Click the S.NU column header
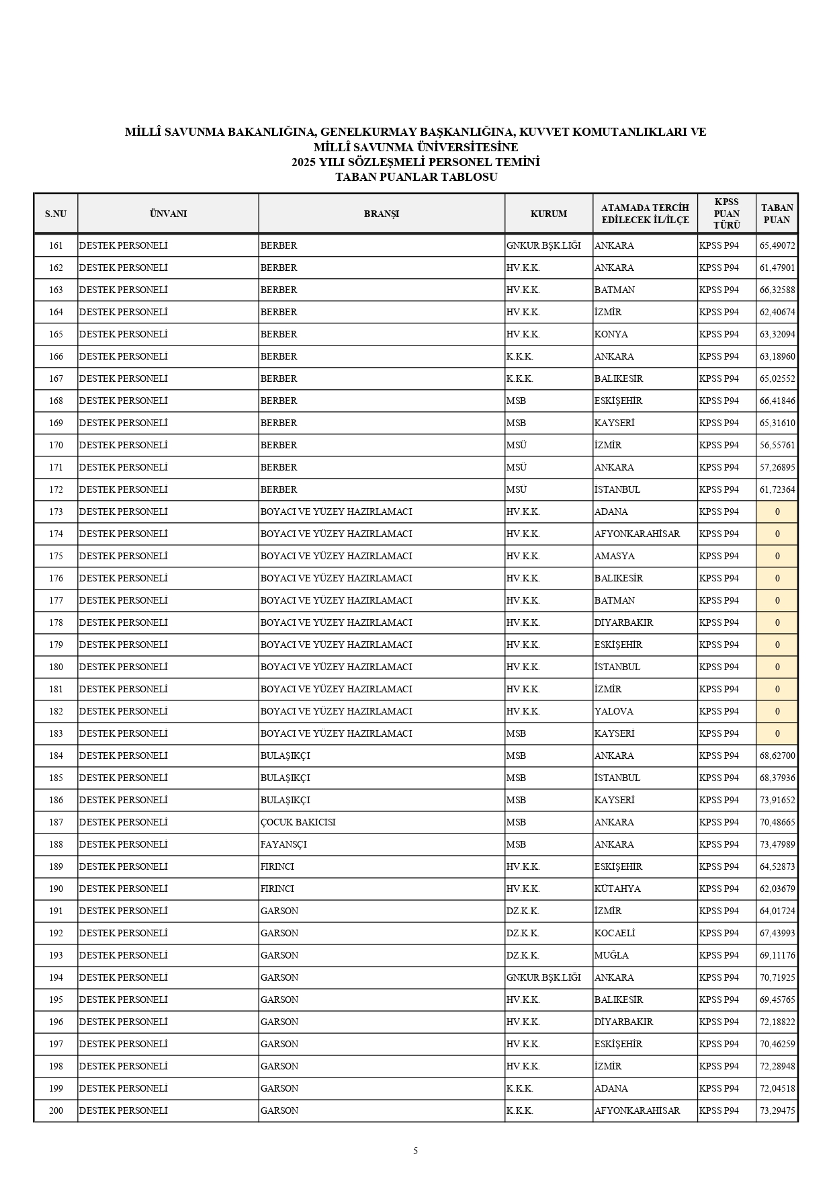[x=56, y=214]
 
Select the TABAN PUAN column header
[x=777, y=214]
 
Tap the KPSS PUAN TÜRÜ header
[x=726, y=214]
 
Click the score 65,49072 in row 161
[x=777, y=245]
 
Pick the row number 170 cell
[x=56, y=445]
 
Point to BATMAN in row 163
[x=615, y=290]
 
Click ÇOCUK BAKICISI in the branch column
[x=298, y=822]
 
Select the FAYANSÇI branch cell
[x=283, y=844]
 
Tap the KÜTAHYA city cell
[x=617, y=889]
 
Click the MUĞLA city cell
[x=611, y=955]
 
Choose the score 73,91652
[x=777, y=800]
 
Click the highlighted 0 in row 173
[x=777, y=512]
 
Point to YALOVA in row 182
[x=613, y=711]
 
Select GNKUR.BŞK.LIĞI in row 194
[x=543, y=977]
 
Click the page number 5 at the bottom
[x=415, y=1151]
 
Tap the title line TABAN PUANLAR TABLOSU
[x=416, y=177]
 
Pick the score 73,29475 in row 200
[x=777, y=1110]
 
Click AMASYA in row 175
[x=614, y=556]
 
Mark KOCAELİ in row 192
[x=615, y=933]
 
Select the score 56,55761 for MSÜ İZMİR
[x=777, y=445]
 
